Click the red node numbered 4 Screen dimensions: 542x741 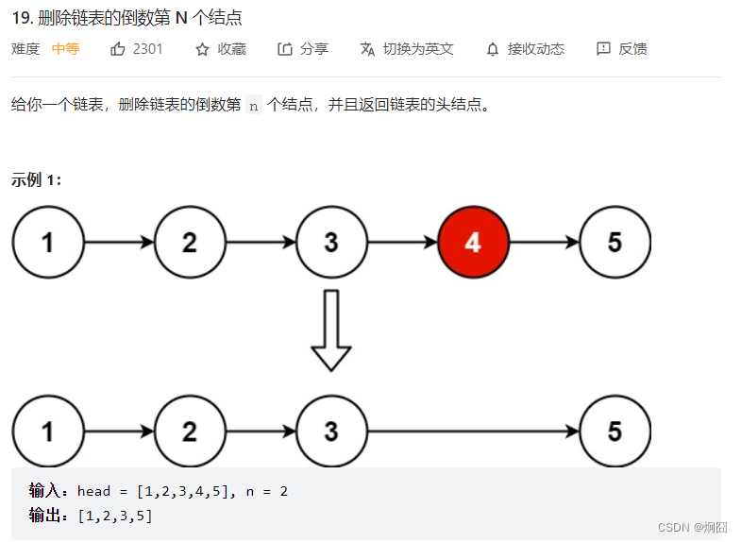click(473, 243)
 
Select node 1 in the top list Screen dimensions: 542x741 click(48, 243)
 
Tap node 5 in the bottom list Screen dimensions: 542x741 click(615, 432)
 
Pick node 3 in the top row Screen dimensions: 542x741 click(331, 243)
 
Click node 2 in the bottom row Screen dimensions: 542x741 click(190, 432)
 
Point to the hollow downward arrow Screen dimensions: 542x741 click(331, 330)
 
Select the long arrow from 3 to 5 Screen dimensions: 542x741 click(472, 432)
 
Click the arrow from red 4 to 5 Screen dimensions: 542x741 click(544, 243)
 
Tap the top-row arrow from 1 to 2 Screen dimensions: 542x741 click(119, 243)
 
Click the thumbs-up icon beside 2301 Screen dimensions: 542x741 click(118, 49)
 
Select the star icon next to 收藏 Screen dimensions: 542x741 click(202, 49)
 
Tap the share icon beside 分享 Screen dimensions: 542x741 click(285, 49)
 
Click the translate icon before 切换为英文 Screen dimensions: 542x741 click(367, 49)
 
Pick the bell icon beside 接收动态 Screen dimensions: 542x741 click(492, 49)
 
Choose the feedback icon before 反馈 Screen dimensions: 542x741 click(603, 49)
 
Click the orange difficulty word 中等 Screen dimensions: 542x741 click(65, 49)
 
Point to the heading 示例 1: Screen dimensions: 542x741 click(37, 179)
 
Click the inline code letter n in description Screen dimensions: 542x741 click(252, 106)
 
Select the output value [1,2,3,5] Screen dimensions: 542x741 click(115, 516)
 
